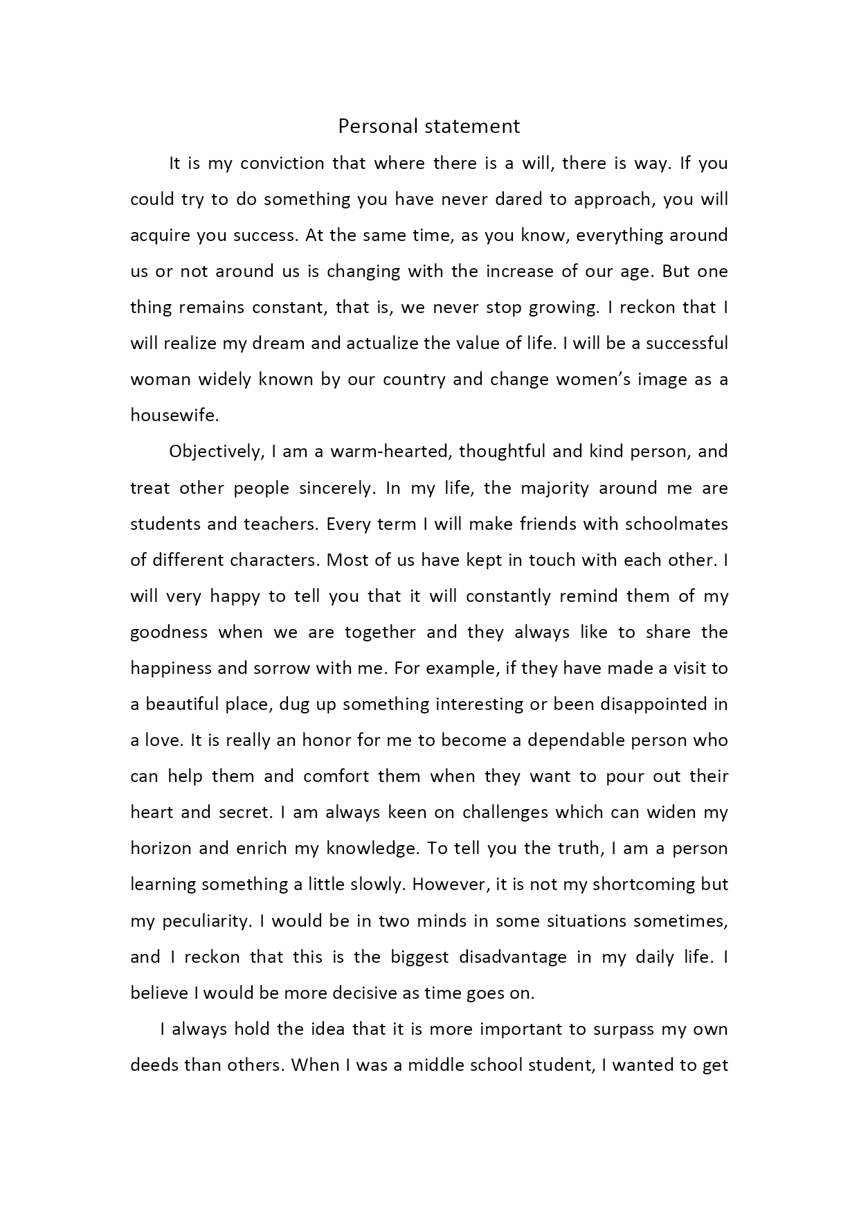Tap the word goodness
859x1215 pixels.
coord(169,632)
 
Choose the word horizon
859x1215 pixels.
coord(160,849)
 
